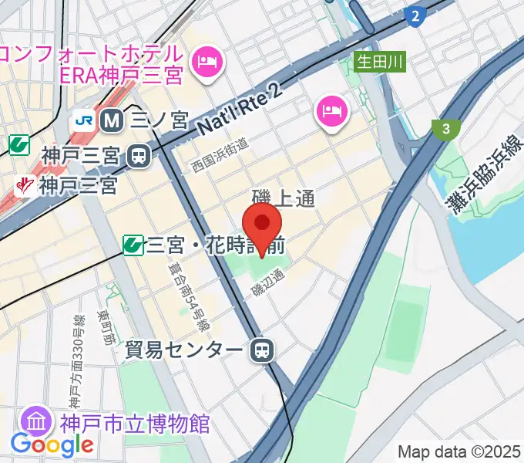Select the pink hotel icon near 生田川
point(331,111)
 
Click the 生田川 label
point(380,60)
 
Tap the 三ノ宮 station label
point(160,120)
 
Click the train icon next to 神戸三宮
point(139,155)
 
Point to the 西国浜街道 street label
point(220,155)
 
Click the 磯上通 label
point(284,198)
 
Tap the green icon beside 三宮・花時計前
point(133,245)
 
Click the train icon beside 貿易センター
point(263,351)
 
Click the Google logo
point(52,444)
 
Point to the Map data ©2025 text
point(459,451)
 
